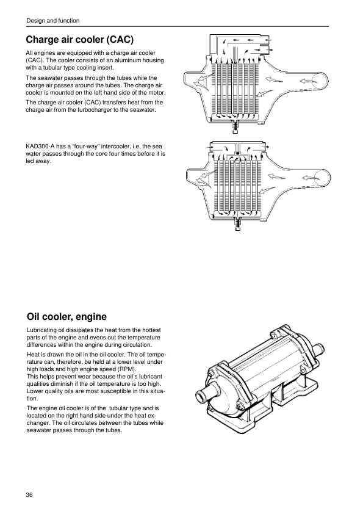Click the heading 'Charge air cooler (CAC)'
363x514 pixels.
coord(79,40)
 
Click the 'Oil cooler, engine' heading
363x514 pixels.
coord(66,317)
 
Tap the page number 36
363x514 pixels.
coord(29,494)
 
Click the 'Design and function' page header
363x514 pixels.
coord(52,21)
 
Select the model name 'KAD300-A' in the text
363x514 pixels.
coord(38,146)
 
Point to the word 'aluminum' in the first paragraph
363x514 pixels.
coord(125,60)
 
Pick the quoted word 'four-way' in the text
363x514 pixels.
coord(78,146)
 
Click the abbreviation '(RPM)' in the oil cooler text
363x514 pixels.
coord(126,369)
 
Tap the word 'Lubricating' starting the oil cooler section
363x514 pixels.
coord(40,330)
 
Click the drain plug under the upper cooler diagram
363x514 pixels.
coord(235,127)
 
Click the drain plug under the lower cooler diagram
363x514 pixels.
coord(238,224)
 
